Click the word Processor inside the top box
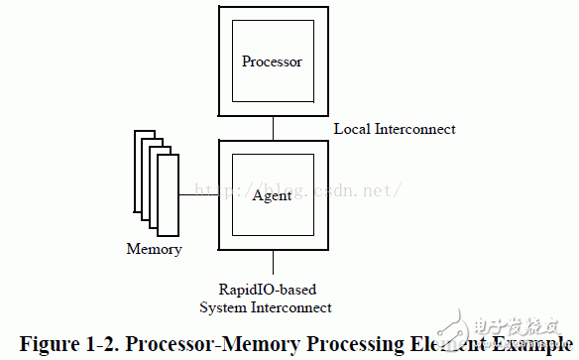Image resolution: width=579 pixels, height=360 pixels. [x=272, y=62]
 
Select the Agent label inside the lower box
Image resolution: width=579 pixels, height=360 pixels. [x=272, y=195]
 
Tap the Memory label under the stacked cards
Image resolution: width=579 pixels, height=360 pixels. [x=154, y=249]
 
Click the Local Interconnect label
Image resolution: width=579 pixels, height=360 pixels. [x=395, y=129]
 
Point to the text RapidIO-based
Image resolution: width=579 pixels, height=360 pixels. [x=273, y=290]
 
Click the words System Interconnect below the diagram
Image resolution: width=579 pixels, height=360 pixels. [x=273, y=307]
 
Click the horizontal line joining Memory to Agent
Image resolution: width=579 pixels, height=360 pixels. [x=199, y=195]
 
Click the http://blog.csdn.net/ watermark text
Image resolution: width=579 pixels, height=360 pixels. [x=297, y=187]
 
